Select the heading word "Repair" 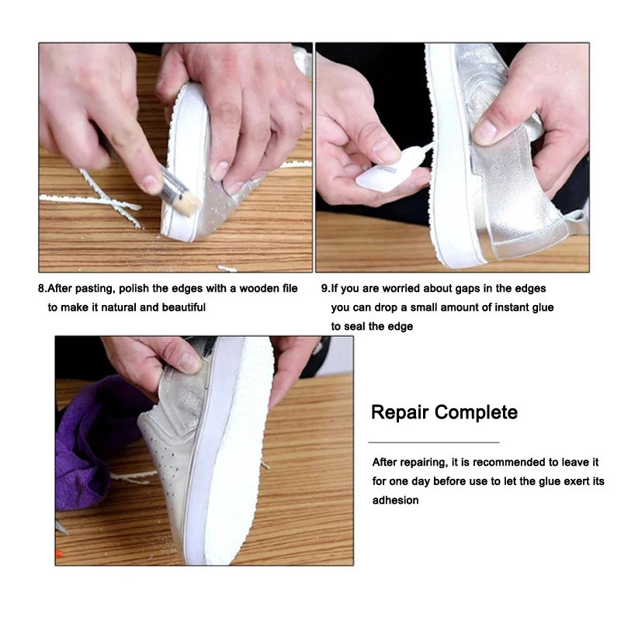click(400, 412)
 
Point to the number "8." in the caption click(43, 289)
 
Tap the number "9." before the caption click(325, 289)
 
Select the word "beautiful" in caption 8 click(183, 307)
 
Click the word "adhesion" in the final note click(395, 501)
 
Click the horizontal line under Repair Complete click(432, 442)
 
